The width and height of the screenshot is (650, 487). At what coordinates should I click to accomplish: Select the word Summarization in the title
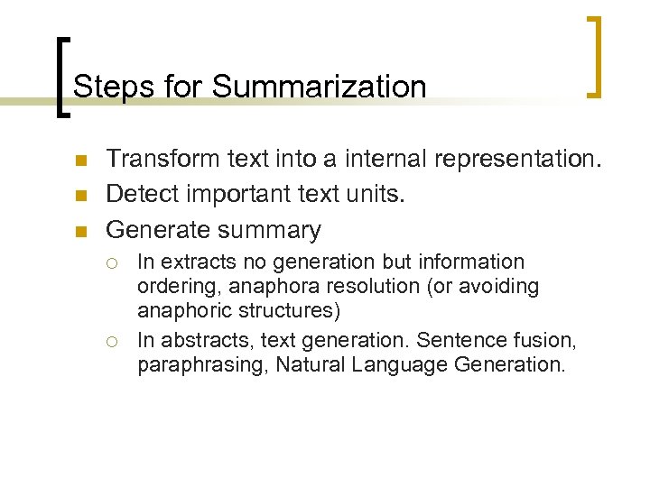tap(319, 87)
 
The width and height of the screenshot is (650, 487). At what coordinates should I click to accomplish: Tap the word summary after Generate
tap(268, 230)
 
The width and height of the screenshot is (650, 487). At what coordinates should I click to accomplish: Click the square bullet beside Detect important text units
tap(80, 196)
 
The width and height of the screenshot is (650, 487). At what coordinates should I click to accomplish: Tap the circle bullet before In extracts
tap(112, 263)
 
